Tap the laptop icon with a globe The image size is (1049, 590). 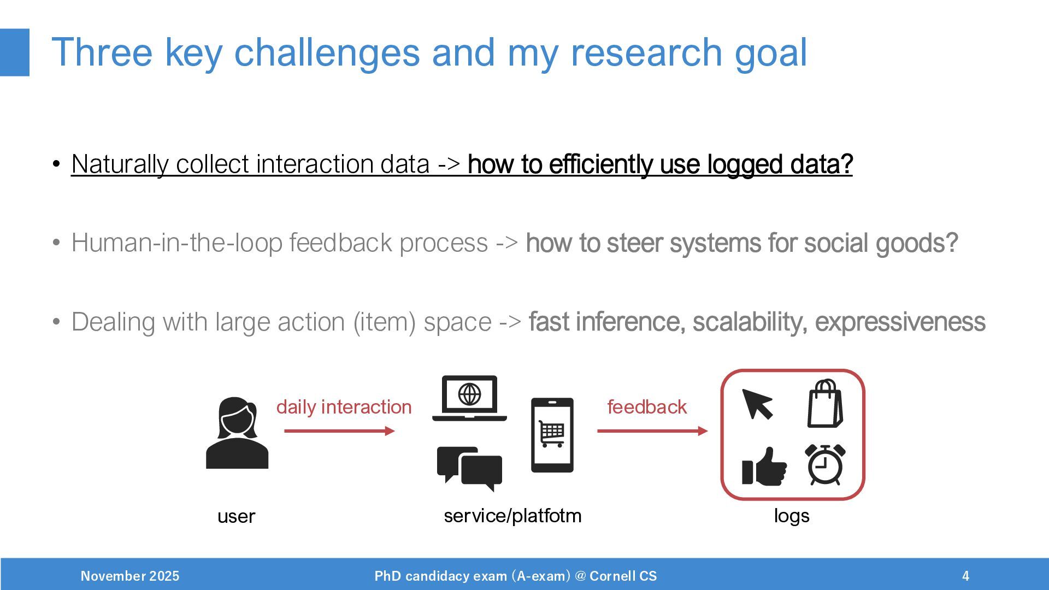pos(469,398)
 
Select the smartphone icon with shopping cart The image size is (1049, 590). pos(552,435)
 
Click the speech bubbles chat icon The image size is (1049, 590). pos(469,469)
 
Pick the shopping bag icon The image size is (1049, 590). pos(825,404)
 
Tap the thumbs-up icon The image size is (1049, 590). pos(764,467)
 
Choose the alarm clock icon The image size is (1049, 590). pos(825,464)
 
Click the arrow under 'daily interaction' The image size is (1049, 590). pos(339,431)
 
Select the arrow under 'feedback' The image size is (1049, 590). pos(652,431)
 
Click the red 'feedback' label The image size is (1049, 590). pos(647,407)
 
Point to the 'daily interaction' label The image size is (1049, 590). pos(344,408)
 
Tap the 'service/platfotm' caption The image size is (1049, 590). pos(512,516)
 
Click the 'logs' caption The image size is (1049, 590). pos(792,516)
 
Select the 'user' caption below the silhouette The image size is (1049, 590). pos(236,517)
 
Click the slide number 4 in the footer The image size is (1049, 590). pos(965,576)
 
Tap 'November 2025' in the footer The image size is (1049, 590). pos(130,576)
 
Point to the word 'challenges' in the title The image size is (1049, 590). pos(327,53)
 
